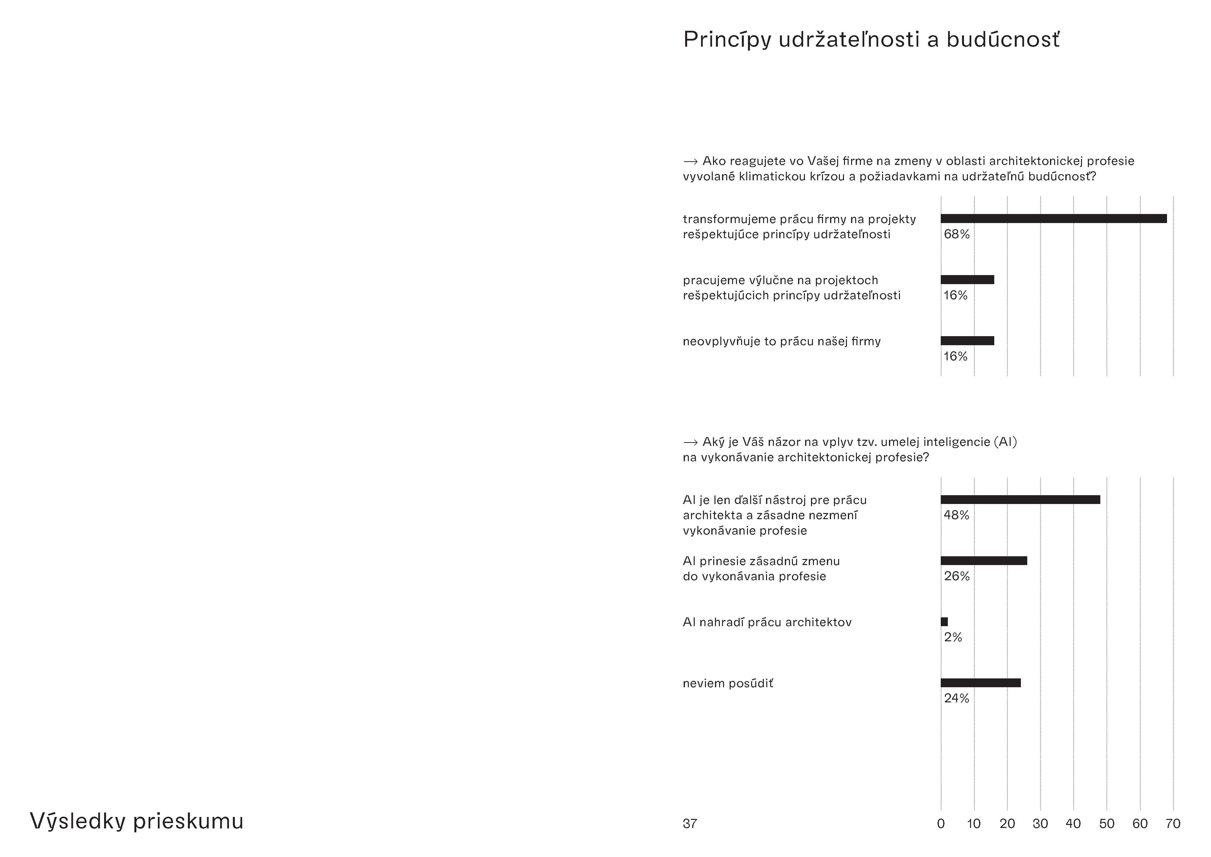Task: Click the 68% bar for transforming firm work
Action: click(1053, 218)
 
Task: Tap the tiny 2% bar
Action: click(944, 622)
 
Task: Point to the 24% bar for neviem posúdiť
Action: click(980, 683)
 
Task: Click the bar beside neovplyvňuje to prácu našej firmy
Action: click(967, 341)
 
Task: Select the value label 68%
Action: click(957, 234)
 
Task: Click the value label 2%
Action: click(953, 637)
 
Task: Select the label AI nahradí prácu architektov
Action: click(767, 622)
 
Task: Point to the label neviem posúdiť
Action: click(728, 683)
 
